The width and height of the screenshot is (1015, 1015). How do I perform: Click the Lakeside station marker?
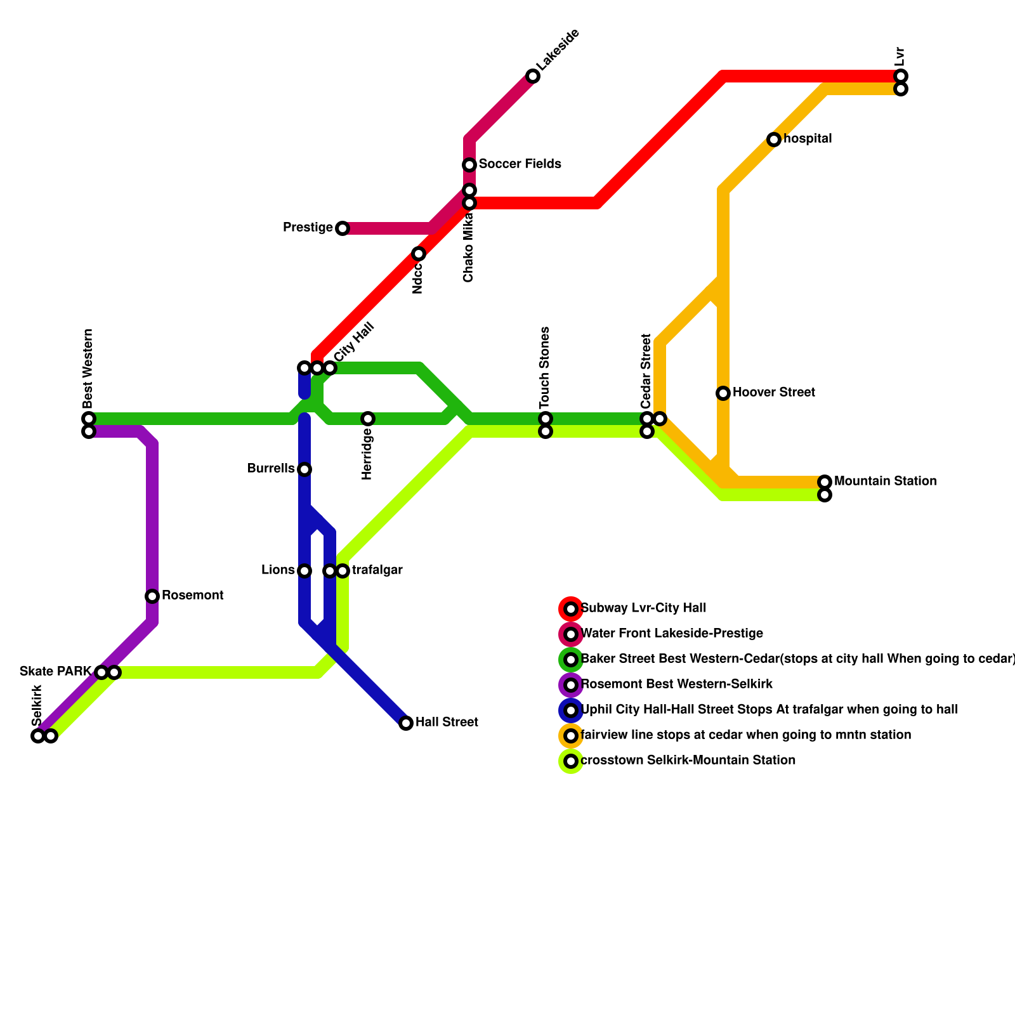click(533, 76)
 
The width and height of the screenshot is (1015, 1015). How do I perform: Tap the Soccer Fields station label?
click(520, 164)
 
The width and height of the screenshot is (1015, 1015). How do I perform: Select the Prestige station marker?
click(343, 228)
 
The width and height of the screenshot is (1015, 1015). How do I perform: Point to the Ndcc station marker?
click(419, 254)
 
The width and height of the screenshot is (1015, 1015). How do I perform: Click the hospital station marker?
click(774, 140)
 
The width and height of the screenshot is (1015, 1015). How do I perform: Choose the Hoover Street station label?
click(773, 393)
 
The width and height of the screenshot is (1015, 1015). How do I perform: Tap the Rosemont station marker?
click(152, 596)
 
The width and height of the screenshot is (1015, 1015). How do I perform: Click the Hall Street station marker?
click(406, 723)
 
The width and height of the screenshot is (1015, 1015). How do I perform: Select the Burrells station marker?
click(304, 469)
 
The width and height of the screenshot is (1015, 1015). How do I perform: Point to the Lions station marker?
click(304, 571)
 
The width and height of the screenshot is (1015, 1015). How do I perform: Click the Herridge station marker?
click(368, 419)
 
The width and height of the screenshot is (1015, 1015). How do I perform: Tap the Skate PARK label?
click(56, 672)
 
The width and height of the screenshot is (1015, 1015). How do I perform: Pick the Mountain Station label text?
click(885, 481)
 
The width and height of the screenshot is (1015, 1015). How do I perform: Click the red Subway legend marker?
click(571, 609)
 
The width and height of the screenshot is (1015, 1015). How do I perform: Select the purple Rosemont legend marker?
click(571, 685)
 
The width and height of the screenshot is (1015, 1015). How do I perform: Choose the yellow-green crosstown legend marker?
click(571, 761)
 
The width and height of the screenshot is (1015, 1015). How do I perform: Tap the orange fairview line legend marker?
click(571, 736)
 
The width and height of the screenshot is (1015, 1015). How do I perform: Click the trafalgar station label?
click(377, 570)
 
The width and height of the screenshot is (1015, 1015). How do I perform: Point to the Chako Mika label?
click(469, 247)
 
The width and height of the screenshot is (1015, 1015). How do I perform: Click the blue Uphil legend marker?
click(571, 710)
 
